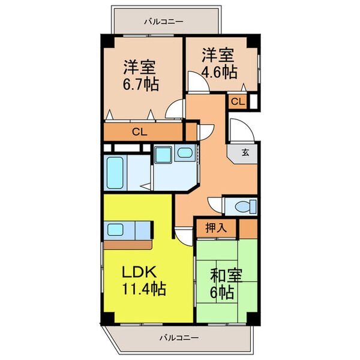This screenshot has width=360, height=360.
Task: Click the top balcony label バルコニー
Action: click(x=164, y=22)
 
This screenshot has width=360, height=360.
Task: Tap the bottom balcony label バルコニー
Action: click(x=179, y=338)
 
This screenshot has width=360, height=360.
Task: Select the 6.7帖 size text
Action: click(x=141, y=85)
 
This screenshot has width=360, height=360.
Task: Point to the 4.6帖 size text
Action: click(x=219, y=73)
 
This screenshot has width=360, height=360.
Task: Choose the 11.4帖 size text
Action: click(x=144, y=289)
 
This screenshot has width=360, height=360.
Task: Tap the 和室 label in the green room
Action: click(x=226, y=275)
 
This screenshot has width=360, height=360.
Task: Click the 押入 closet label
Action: click(x=216, y=228)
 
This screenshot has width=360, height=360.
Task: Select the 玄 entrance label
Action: click(x=245, y=152)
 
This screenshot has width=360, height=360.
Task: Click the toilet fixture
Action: click(x=245, y=206)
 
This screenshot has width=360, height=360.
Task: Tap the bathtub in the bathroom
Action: click(x=115, y=173)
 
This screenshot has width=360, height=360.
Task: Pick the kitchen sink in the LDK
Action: click(x=115, y=230)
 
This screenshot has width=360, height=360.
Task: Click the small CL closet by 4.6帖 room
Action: click(x=238, y=101)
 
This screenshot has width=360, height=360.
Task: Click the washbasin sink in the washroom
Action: click(x=185, y=152)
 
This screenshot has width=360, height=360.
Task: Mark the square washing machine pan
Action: click(x=163, y=155)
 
